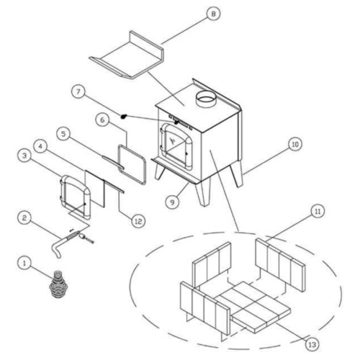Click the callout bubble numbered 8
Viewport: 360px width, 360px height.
[213, 14]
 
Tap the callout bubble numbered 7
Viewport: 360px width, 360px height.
[78, 92]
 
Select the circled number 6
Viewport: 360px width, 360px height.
[102, 120]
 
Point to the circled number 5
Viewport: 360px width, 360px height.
[63, 134]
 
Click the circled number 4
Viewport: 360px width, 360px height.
[40, 146]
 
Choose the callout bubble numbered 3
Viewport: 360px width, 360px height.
[24, 156]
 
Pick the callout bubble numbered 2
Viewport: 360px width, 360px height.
[24, 218]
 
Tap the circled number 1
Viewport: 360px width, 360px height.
[24, 263]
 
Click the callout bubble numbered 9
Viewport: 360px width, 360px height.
[172, 202]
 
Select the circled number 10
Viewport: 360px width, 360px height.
[295, 144]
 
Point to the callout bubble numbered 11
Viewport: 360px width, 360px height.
[318, 212]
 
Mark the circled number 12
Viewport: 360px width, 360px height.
[138, 221]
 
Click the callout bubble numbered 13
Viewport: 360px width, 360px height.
[312, 345]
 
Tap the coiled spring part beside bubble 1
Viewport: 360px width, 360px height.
[58, 284]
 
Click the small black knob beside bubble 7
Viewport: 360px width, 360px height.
[124, 117]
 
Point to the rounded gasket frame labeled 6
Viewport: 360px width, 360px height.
[132, 165]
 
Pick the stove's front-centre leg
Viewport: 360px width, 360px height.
[203, 192]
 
